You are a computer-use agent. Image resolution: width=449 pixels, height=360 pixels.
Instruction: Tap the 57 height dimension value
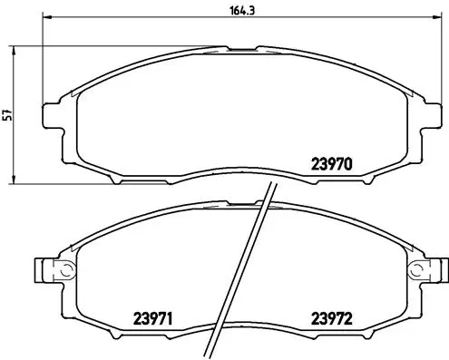7,114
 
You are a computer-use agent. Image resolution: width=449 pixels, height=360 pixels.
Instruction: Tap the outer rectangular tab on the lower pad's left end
40,269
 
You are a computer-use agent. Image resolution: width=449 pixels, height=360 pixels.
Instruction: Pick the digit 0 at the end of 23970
347,164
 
